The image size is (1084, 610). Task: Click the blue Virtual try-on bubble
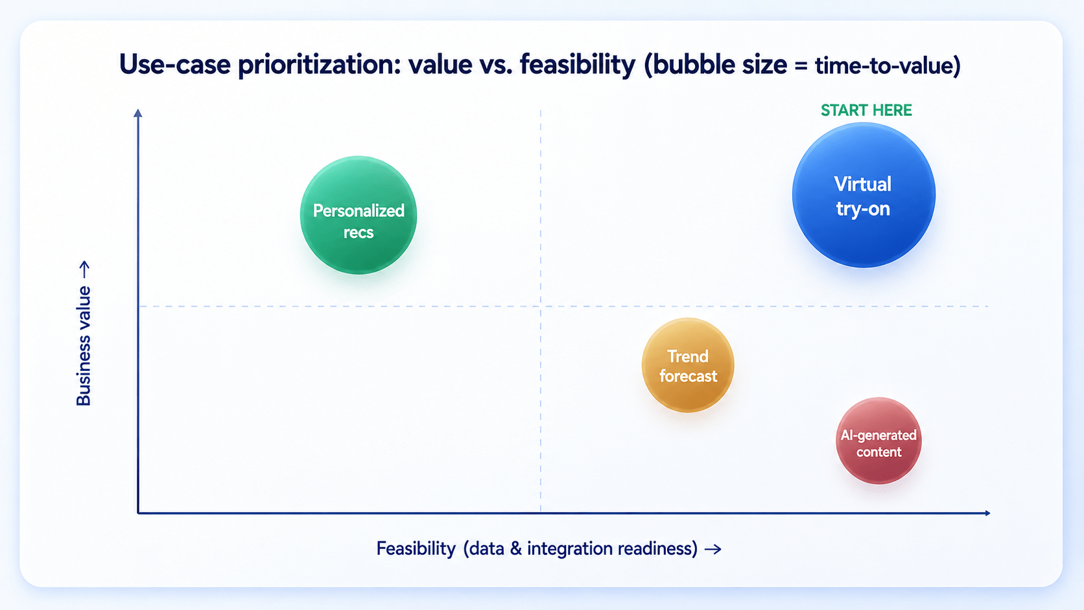pos(864,195)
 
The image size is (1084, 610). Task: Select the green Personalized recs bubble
pos(359,215)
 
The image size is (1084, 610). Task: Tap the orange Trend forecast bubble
pos(688,365)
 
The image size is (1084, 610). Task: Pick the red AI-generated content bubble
pos(879,441)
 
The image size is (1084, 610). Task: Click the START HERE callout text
pos(866,110)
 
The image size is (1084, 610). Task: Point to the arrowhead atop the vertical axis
pos(138,113)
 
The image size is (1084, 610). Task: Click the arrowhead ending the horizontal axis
pos(987,513)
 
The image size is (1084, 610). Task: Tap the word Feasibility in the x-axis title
pos(416,549)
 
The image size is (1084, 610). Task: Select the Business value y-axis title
pos(84,346)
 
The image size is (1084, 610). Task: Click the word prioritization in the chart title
pos(320,65)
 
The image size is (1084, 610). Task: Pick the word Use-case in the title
pos(174,65)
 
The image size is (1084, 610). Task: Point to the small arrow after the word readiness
pos(713,550)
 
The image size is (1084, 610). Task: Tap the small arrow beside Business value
pos(85,270)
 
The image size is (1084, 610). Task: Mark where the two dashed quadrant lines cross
pos(541,306)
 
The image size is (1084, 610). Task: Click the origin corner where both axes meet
pos(138,513)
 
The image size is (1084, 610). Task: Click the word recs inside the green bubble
pos(359,233)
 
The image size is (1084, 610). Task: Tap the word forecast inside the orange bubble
pos(688,377)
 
